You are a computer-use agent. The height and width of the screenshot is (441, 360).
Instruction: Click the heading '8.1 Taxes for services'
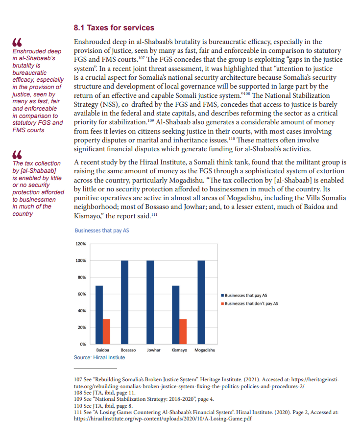click(114, 28)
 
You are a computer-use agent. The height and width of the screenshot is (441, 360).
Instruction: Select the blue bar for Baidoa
click(99, 315)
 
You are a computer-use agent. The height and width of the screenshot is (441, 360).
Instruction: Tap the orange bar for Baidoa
click(106, 331)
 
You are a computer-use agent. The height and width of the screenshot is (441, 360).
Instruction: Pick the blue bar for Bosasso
click(124, 302)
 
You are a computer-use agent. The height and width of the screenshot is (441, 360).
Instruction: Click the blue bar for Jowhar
click(150, 302)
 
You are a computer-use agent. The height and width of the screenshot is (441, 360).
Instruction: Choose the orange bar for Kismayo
click(183, 331)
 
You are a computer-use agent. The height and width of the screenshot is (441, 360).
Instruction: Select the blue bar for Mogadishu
click(201, 302)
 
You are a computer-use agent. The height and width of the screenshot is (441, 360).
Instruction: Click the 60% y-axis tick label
click(81, 294)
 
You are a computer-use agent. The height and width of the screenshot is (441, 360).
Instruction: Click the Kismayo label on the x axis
click(179, 351)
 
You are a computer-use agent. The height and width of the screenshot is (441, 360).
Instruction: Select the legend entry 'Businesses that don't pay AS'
click(251, 303)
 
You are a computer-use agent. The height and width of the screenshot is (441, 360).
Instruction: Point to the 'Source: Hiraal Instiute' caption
click(99, 358)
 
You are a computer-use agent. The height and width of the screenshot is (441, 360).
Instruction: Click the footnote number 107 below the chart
click(77, 379)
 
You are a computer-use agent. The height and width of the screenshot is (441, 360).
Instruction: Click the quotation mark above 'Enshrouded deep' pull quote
click(18, 43)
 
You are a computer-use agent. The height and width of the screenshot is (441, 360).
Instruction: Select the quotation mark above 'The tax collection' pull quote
click(18, 155)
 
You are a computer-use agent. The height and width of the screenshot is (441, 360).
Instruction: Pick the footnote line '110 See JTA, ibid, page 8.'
click(103, 406)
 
